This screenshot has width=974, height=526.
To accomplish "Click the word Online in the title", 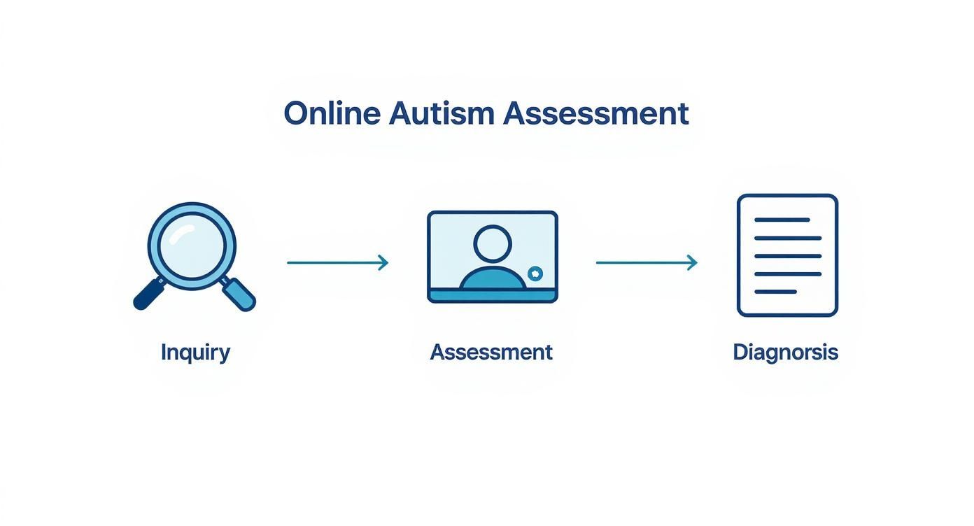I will [332, 113].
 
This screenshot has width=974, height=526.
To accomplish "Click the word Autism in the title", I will [442, 113].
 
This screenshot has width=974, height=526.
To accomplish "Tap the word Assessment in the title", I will [596, 113].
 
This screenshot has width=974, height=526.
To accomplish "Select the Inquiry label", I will [195, 352].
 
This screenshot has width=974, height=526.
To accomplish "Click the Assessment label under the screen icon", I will [491, 352].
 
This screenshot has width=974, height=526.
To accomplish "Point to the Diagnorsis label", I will [785, 352].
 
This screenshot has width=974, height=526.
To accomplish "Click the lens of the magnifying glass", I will [192, 246].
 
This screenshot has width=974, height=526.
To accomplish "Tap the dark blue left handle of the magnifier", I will [148, 294].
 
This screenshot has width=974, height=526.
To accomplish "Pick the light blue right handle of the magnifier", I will [239, 294].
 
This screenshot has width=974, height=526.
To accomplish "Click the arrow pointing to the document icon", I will [645, 262].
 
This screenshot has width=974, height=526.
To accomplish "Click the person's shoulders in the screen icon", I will [493, 280].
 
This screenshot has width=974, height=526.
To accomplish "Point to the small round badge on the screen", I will [535, 273].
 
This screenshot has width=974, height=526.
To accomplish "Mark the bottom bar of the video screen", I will [493, 297].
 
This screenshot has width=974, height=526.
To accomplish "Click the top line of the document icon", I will [782, 220].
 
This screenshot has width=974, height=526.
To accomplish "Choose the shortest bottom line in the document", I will [775, 292].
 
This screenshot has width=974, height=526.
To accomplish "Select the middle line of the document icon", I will [787, 255].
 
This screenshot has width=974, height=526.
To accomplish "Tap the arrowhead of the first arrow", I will [383, 262].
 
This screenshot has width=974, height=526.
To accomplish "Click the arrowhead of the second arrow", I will [693, 262].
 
